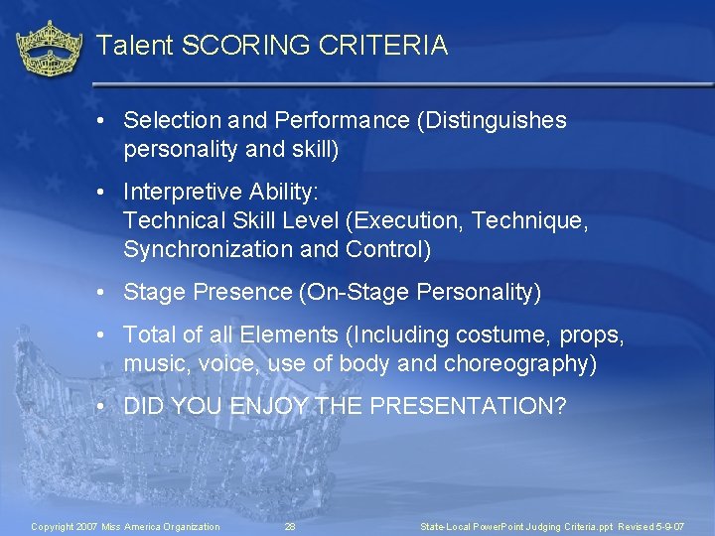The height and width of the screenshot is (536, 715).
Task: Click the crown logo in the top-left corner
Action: [x=50, y=48]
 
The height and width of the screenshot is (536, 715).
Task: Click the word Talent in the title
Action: [x=137, y=46]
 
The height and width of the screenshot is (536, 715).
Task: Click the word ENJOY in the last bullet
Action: [x=270, y=406]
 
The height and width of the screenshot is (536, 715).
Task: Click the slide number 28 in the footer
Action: [x=290, y=526]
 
